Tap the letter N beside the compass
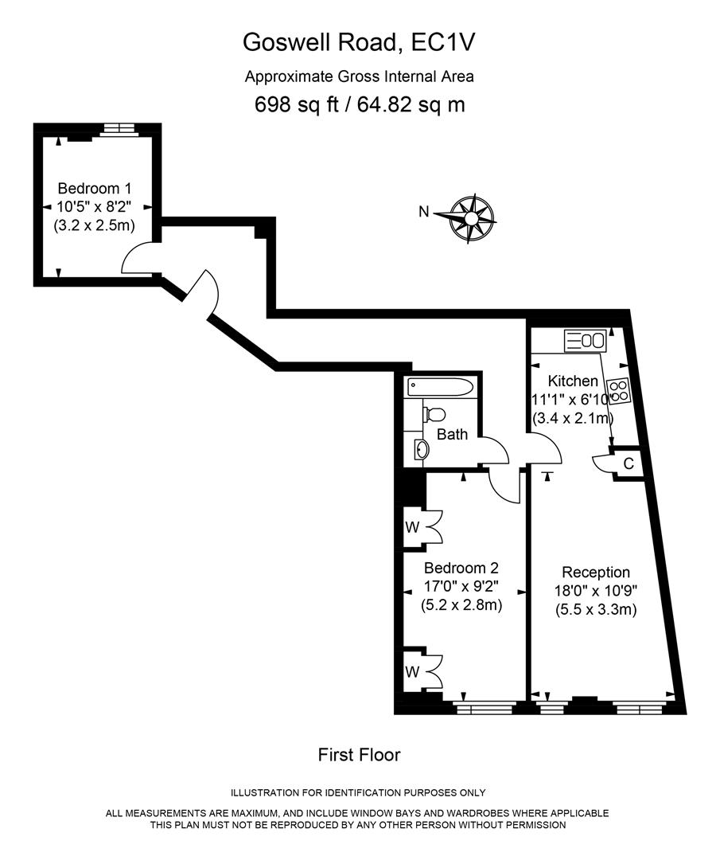(425, 212)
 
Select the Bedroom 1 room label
(94, 189)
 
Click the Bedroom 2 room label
(461, 569)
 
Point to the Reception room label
(596, 573)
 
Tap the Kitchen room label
(571, 381)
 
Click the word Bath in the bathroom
(452, 435)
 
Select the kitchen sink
(586, 341)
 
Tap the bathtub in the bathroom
(441, 388)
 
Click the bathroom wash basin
(421, 451)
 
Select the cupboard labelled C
(628, 463)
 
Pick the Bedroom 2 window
(484, 706)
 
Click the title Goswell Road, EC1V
(360, 42)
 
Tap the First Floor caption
(359, 754)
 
